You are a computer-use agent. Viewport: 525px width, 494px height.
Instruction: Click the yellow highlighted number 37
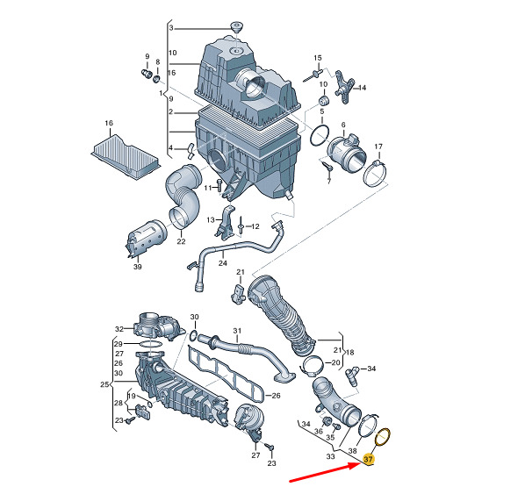tap(368, 460)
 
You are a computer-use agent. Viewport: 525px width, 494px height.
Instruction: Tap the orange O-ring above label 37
tap(383, 437)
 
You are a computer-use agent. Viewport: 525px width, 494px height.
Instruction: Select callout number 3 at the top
tap(171, 28)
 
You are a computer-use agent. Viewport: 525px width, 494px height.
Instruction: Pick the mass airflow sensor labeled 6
tap(346, 153)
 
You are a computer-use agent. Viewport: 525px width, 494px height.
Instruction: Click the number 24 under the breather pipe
tap(223, 263)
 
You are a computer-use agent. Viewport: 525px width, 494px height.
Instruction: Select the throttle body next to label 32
tap(157, 326)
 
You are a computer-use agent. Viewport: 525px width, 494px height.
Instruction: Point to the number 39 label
tap(137, 267)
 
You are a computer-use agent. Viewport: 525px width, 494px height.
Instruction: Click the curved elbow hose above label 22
tap(183, 196)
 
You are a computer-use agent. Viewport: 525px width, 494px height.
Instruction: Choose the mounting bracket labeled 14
tap(344, 86)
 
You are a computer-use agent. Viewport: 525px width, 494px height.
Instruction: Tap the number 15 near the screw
tap(318, 58)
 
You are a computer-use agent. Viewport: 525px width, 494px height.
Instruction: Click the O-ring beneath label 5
tap(320, 135)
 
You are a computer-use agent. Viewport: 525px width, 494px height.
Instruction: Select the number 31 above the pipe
tap(237, 331)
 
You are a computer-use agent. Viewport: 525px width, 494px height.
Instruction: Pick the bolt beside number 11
tap(219, 186)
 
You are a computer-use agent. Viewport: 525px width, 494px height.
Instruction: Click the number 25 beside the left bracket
tap(104, 384)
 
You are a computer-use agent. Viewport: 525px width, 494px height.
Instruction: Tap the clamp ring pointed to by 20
tap(313, 366)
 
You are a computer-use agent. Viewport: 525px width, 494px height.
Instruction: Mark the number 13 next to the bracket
tap(211, 220)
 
